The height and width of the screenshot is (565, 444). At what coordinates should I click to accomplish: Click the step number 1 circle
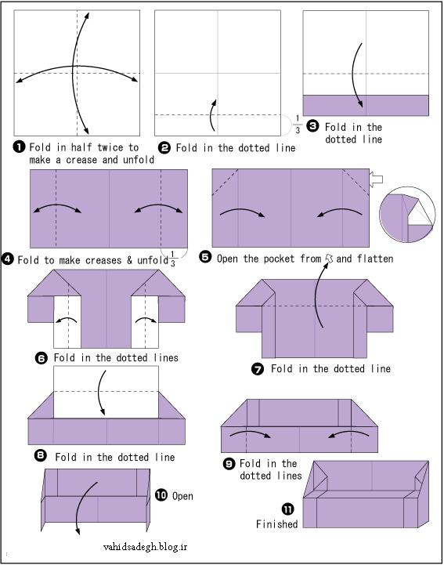point(19,147)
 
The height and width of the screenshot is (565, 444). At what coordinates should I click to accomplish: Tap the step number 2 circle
point(164,148)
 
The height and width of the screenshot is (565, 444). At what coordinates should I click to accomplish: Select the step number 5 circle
point(205,257)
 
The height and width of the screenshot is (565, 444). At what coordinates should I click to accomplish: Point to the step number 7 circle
point(258,369)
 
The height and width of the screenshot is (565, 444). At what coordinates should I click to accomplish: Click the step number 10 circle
point(161,494)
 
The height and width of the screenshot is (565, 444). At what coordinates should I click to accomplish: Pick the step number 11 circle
point(287,509)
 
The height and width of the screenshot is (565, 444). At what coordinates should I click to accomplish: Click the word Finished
point(277,524)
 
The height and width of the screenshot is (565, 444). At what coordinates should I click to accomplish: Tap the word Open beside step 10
point(182,496)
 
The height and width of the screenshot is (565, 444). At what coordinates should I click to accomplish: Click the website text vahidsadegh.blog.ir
point(145,547)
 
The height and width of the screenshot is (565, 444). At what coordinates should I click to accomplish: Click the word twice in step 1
point(110,147)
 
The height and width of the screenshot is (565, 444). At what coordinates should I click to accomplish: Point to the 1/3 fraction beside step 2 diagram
point(298,125)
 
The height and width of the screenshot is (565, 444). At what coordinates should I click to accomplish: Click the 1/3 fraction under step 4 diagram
point(173,259)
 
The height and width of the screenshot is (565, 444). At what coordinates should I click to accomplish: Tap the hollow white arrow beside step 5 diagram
point(376,179)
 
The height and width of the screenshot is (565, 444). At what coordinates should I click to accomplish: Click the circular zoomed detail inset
point(407,215)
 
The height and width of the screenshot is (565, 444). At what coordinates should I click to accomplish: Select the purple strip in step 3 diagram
point(366,105)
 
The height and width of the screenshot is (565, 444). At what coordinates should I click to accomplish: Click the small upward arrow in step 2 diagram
point(213,115)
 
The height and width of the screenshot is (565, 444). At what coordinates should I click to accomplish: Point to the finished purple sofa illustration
point(366,494)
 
